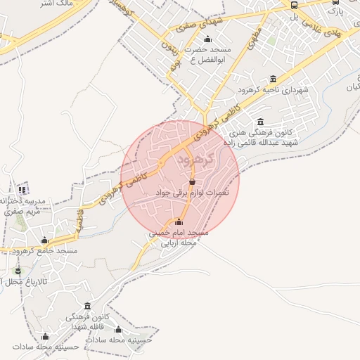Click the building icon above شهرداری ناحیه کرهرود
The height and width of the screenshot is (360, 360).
pos(274,79)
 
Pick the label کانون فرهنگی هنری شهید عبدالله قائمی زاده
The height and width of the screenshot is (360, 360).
pos(270,137)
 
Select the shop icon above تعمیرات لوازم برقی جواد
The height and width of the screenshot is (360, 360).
pos(192,181)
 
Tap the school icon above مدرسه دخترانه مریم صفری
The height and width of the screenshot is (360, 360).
pos(22,189)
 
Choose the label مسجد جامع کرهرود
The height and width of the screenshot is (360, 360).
pos(46,250)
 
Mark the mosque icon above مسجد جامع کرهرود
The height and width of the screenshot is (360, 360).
pos(46,240)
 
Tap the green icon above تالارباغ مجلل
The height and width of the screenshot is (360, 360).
pos(18,271)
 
